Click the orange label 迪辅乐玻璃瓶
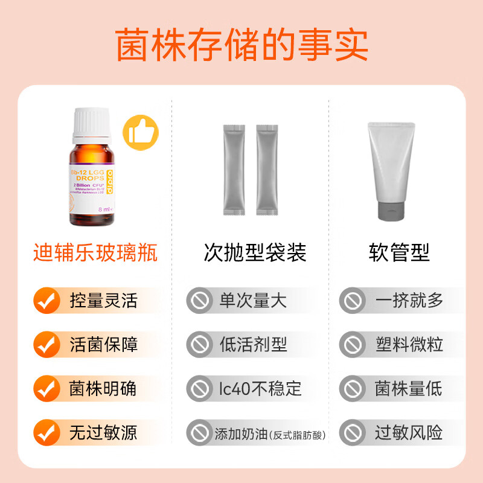click(x=95, y=253)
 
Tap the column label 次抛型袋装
click(x=255, y=253)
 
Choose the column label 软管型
click(x=399, y=253)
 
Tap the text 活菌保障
click(x=104, y=345)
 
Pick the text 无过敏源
click(x=104, y=432)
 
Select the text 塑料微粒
click(x=409, y=345)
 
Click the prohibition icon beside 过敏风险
click(x=352, y=432)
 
